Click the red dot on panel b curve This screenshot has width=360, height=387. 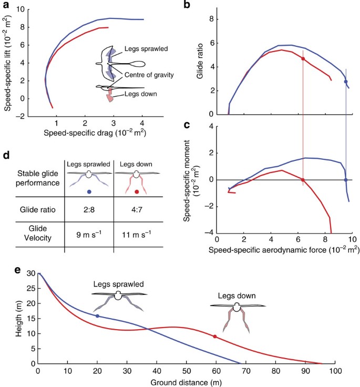pyautogui.click(x=303, y=59)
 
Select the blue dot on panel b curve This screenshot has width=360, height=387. pyautogui.click(x=346, y=82)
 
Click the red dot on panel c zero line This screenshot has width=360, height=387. pyautogui.click(x=303, y=180)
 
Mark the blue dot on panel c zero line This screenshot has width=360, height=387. pyautogui.click(x=346, y=180)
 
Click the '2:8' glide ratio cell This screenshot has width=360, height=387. pyautogui.click(x=88, y=210)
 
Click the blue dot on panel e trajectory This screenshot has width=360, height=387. pyautogui.click(x=97, y=315)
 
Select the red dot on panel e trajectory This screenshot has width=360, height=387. pyautogui.click(x=215, y=337)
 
